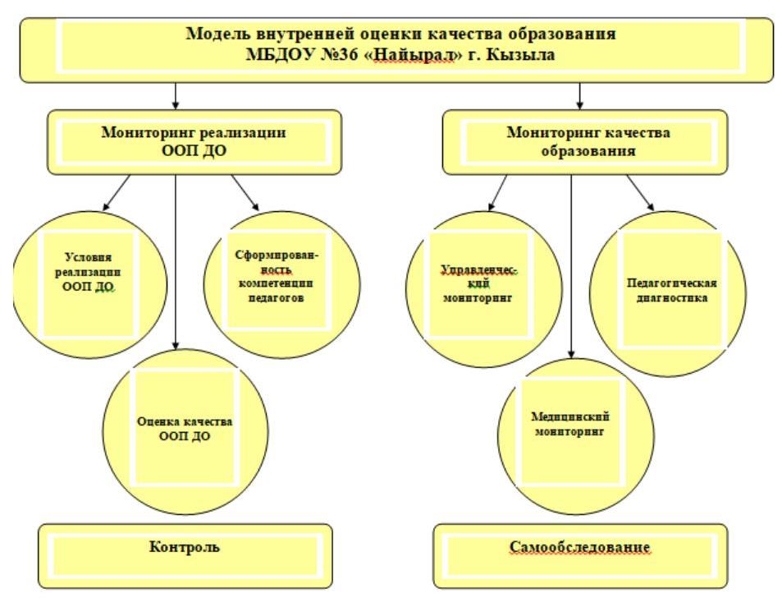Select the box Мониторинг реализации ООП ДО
193,142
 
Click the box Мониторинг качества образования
584,142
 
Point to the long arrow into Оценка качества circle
176,263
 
